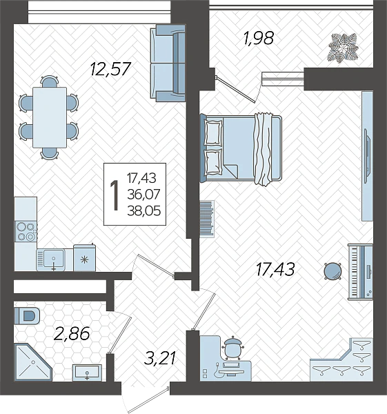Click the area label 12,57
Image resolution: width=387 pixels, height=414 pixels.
(110, 69)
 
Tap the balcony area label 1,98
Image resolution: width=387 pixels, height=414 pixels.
(259, 38)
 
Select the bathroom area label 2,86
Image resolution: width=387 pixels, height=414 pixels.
(72, 333)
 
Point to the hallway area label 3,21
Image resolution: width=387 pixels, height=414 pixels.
(160, 358)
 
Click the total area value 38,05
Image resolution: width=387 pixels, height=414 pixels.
(144, 211)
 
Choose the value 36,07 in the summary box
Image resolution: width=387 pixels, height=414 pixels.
(144, 195)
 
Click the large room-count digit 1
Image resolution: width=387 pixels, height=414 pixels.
(115, 195)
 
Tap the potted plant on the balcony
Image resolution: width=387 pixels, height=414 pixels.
(343, 48)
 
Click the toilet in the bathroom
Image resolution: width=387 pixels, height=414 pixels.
(27, 315)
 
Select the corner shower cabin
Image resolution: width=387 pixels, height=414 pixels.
(32, 362)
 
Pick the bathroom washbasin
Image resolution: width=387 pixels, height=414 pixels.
(87, 372)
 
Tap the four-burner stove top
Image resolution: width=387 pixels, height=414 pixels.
(26, 232)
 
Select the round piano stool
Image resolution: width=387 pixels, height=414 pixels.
(333, 271)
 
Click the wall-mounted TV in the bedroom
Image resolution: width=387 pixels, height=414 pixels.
(366, 156)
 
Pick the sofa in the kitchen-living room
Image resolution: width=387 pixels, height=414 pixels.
(168, 63)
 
